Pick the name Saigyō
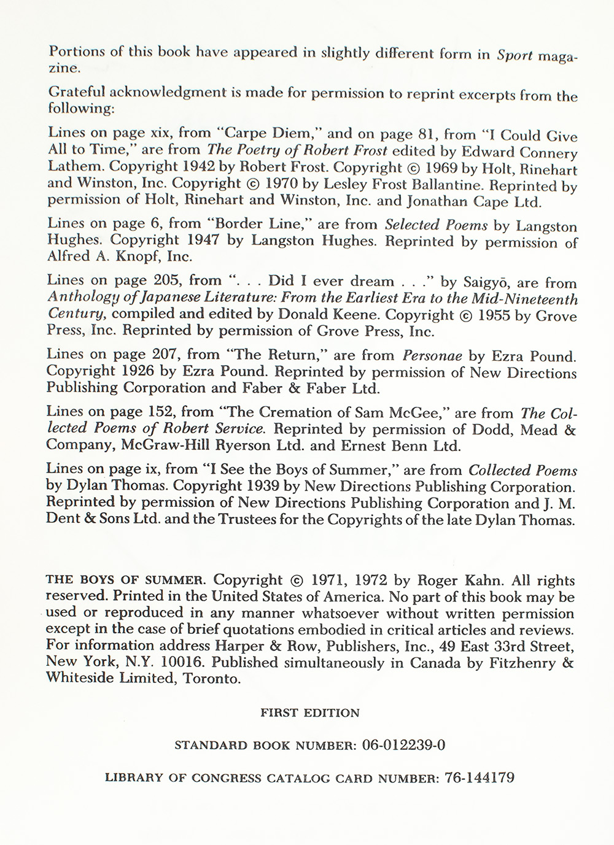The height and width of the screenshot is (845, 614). coord(487,282)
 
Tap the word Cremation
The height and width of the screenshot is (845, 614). coord(303,412)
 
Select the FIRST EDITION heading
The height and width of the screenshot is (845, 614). coord(310,713)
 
